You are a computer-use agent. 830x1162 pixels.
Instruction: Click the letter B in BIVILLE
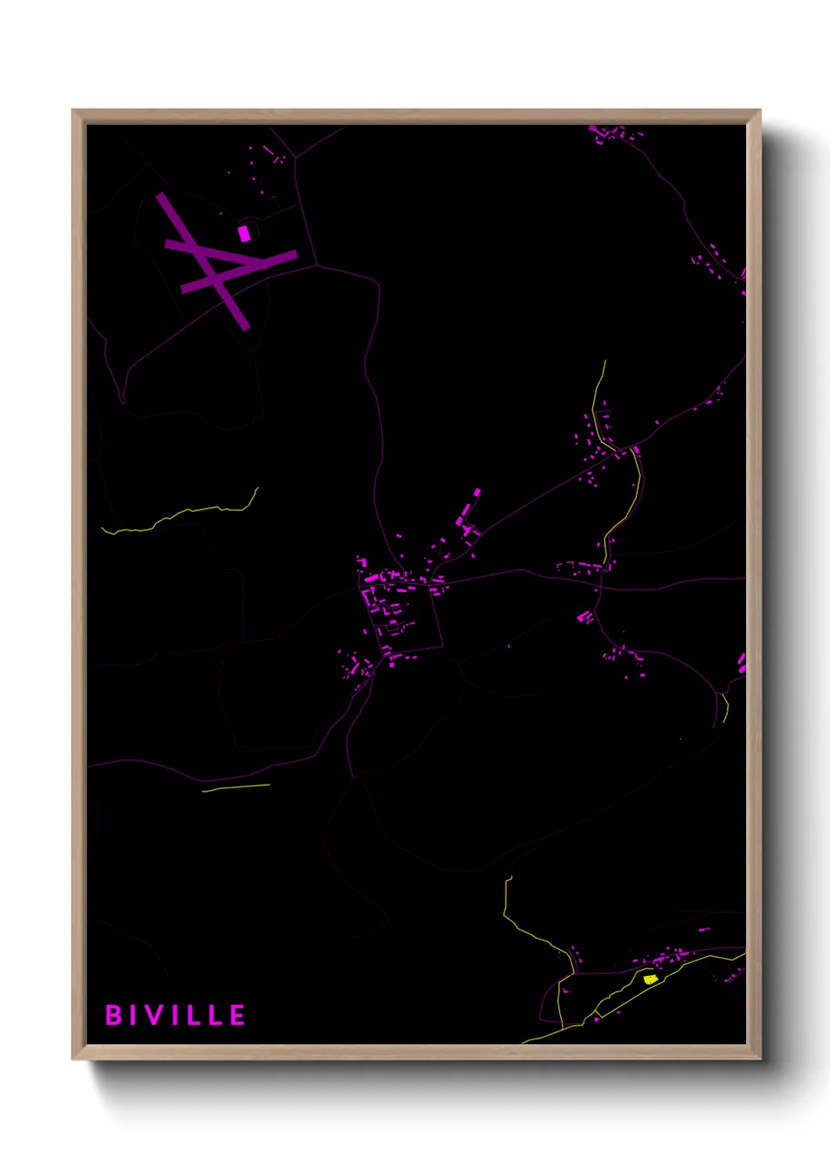coord(114,1015)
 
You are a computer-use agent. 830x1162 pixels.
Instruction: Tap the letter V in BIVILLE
coord(155,1015)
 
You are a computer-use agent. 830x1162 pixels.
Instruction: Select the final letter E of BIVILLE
coord(238,1015)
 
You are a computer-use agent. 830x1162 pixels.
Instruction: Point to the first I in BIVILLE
coord(134,1015)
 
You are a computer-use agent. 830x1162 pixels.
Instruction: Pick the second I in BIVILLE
coord(177,1015)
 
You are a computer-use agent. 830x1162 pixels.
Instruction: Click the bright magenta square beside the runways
coord(244,233)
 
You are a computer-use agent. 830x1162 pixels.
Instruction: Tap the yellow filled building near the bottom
coord(650,979)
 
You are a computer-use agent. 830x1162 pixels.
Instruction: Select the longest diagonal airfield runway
coord(202,261)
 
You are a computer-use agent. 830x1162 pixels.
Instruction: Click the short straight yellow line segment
coord(235,787)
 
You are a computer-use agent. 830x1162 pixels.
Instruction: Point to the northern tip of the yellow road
coord(605,361)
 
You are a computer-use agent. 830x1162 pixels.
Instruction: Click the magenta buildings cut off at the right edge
coord(741,663)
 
